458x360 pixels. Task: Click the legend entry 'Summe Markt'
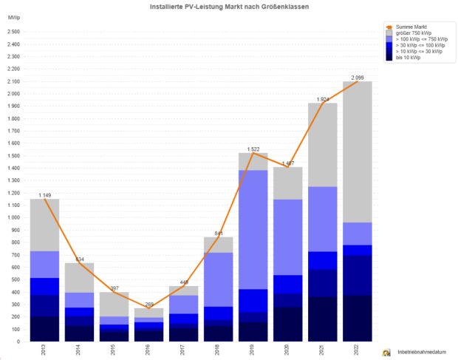(x=411, y=27)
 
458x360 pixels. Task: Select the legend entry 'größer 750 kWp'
(x=414, y=33)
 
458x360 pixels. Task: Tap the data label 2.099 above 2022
(x=358, y=78)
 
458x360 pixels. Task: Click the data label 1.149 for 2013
(x=45, y=195)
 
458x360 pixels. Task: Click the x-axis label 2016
(x=149, y=350)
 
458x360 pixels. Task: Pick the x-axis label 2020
(x=288, y=350)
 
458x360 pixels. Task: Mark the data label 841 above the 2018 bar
(x=219, y=234)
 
